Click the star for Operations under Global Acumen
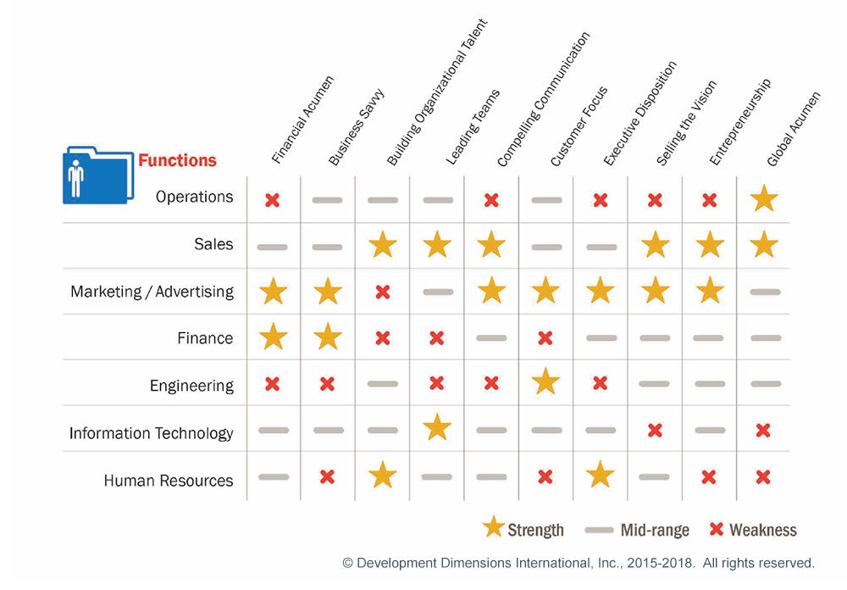[763, 198]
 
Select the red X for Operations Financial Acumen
[273, 200]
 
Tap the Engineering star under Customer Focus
[545, 383]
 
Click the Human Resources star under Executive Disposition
[600, 476]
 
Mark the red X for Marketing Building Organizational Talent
[382, 292]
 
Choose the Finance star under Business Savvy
[327, 337]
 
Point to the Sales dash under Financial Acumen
[273, 247]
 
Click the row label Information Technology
[151, 433]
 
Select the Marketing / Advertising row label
[152, 292]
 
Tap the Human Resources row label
[168, 481]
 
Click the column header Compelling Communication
[543, 99]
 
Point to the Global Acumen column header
[794, 128]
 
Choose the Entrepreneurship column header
[739, 122]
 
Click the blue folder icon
[97, 175]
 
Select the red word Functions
[177, 160]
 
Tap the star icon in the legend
[493, 528]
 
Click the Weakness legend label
[763, 530]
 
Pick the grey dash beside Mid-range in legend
[599, 531]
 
